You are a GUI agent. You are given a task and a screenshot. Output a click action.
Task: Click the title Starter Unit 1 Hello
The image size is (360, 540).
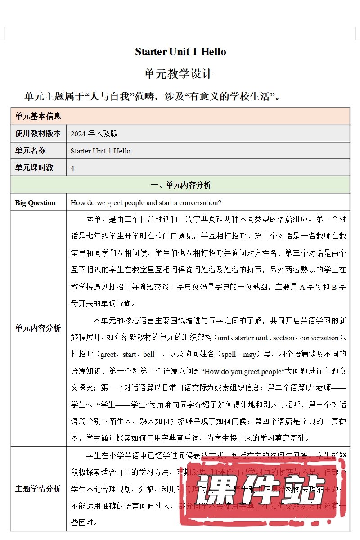(180, 52)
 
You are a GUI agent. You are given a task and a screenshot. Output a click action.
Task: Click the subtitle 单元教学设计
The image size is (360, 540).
(178, 74)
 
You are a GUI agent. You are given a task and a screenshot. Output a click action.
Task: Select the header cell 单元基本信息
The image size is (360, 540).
(38, 116)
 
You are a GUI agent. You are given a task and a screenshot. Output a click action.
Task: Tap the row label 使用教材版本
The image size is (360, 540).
(38, 133)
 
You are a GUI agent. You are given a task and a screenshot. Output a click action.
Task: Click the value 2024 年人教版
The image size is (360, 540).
(94, 134)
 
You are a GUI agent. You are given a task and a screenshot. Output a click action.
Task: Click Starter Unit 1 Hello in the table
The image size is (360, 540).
(100, 151)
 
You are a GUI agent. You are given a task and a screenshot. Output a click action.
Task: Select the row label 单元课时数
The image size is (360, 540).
(34, 167)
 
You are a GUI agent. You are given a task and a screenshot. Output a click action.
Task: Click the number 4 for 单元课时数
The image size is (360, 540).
(72, 168)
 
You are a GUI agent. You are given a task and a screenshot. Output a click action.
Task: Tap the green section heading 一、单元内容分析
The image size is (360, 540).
(180, 185)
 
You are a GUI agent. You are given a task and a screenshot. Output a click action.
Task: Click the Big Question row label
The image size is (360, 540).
(35, 203)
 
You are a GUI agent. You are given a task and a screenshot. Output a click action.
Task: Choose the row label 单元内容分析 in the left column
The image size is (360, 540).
(38, 328)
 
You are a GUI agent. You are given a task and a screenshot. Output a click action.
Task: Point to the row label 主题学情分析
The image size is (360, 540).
(38, 489)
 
